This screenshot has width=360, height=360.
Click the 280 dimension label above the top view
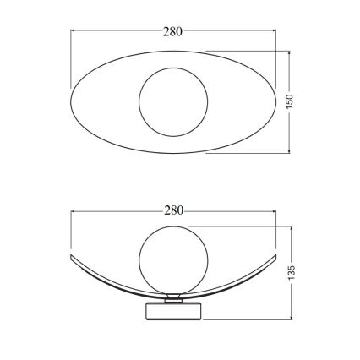[x=173, y=32]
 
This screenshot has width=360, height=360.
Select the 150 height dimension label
[x=289, y=101]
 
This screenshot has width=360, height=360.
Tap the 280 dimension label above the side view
[x=173, y=210]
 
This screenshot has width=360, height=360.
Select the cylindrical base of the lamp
[x=173, y=311]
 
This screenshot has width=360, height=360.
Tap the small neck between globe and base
[x=173, y=296]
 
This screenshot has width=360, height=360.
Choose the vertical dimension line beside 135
[x=290, y=245]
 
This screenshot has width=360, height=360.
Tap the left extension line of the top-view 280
[x=69, y=59]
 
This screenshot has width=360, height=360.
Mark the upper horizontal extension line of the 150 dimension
[x=245, y=49]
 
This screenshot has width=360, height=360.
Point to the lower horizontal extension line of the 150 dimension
[x=245, y=154]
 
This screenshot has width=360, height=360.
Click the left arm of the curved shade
[x=101, y=275]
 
